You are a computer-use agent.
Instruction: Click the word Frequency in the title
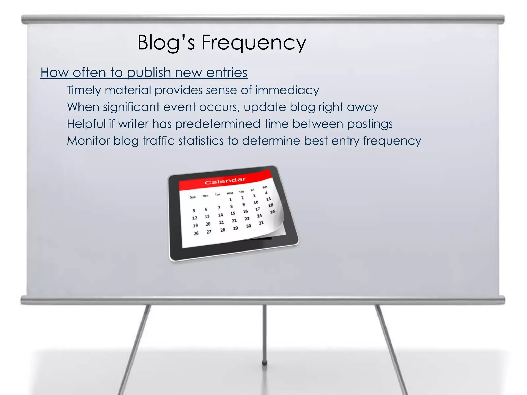tap(253, 43)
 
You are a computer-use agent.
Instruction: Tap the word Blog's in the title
tap(166, 43)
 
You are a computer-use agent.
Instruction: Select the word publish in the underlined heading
tap(149, 73)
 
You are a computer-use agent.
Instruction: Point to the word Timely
tap(84, 91)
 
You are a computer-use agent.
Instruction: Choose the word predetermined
tap(218, 124)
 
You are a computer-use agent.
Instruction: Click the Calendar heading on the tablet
tap(225, 181)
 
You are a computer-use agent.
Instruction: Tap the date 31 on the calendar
tap(261, 223)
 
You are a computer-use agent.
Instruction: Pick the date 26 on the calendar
tap(196, 233)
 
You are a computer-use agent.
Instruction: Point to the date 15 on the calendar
tap(233, 213)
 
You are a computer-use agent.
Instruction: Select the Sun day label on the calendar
tap(193, 197)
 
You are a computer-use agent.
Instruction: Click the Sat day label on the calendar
tap(265, 187)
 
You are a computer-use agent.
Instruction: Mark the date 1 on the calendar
tap(230, 199)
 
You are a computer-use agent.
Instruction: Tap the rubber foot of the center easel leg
tap(264, 363)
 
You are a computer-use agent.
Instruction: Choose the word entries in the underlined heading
tap(227, 73)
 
